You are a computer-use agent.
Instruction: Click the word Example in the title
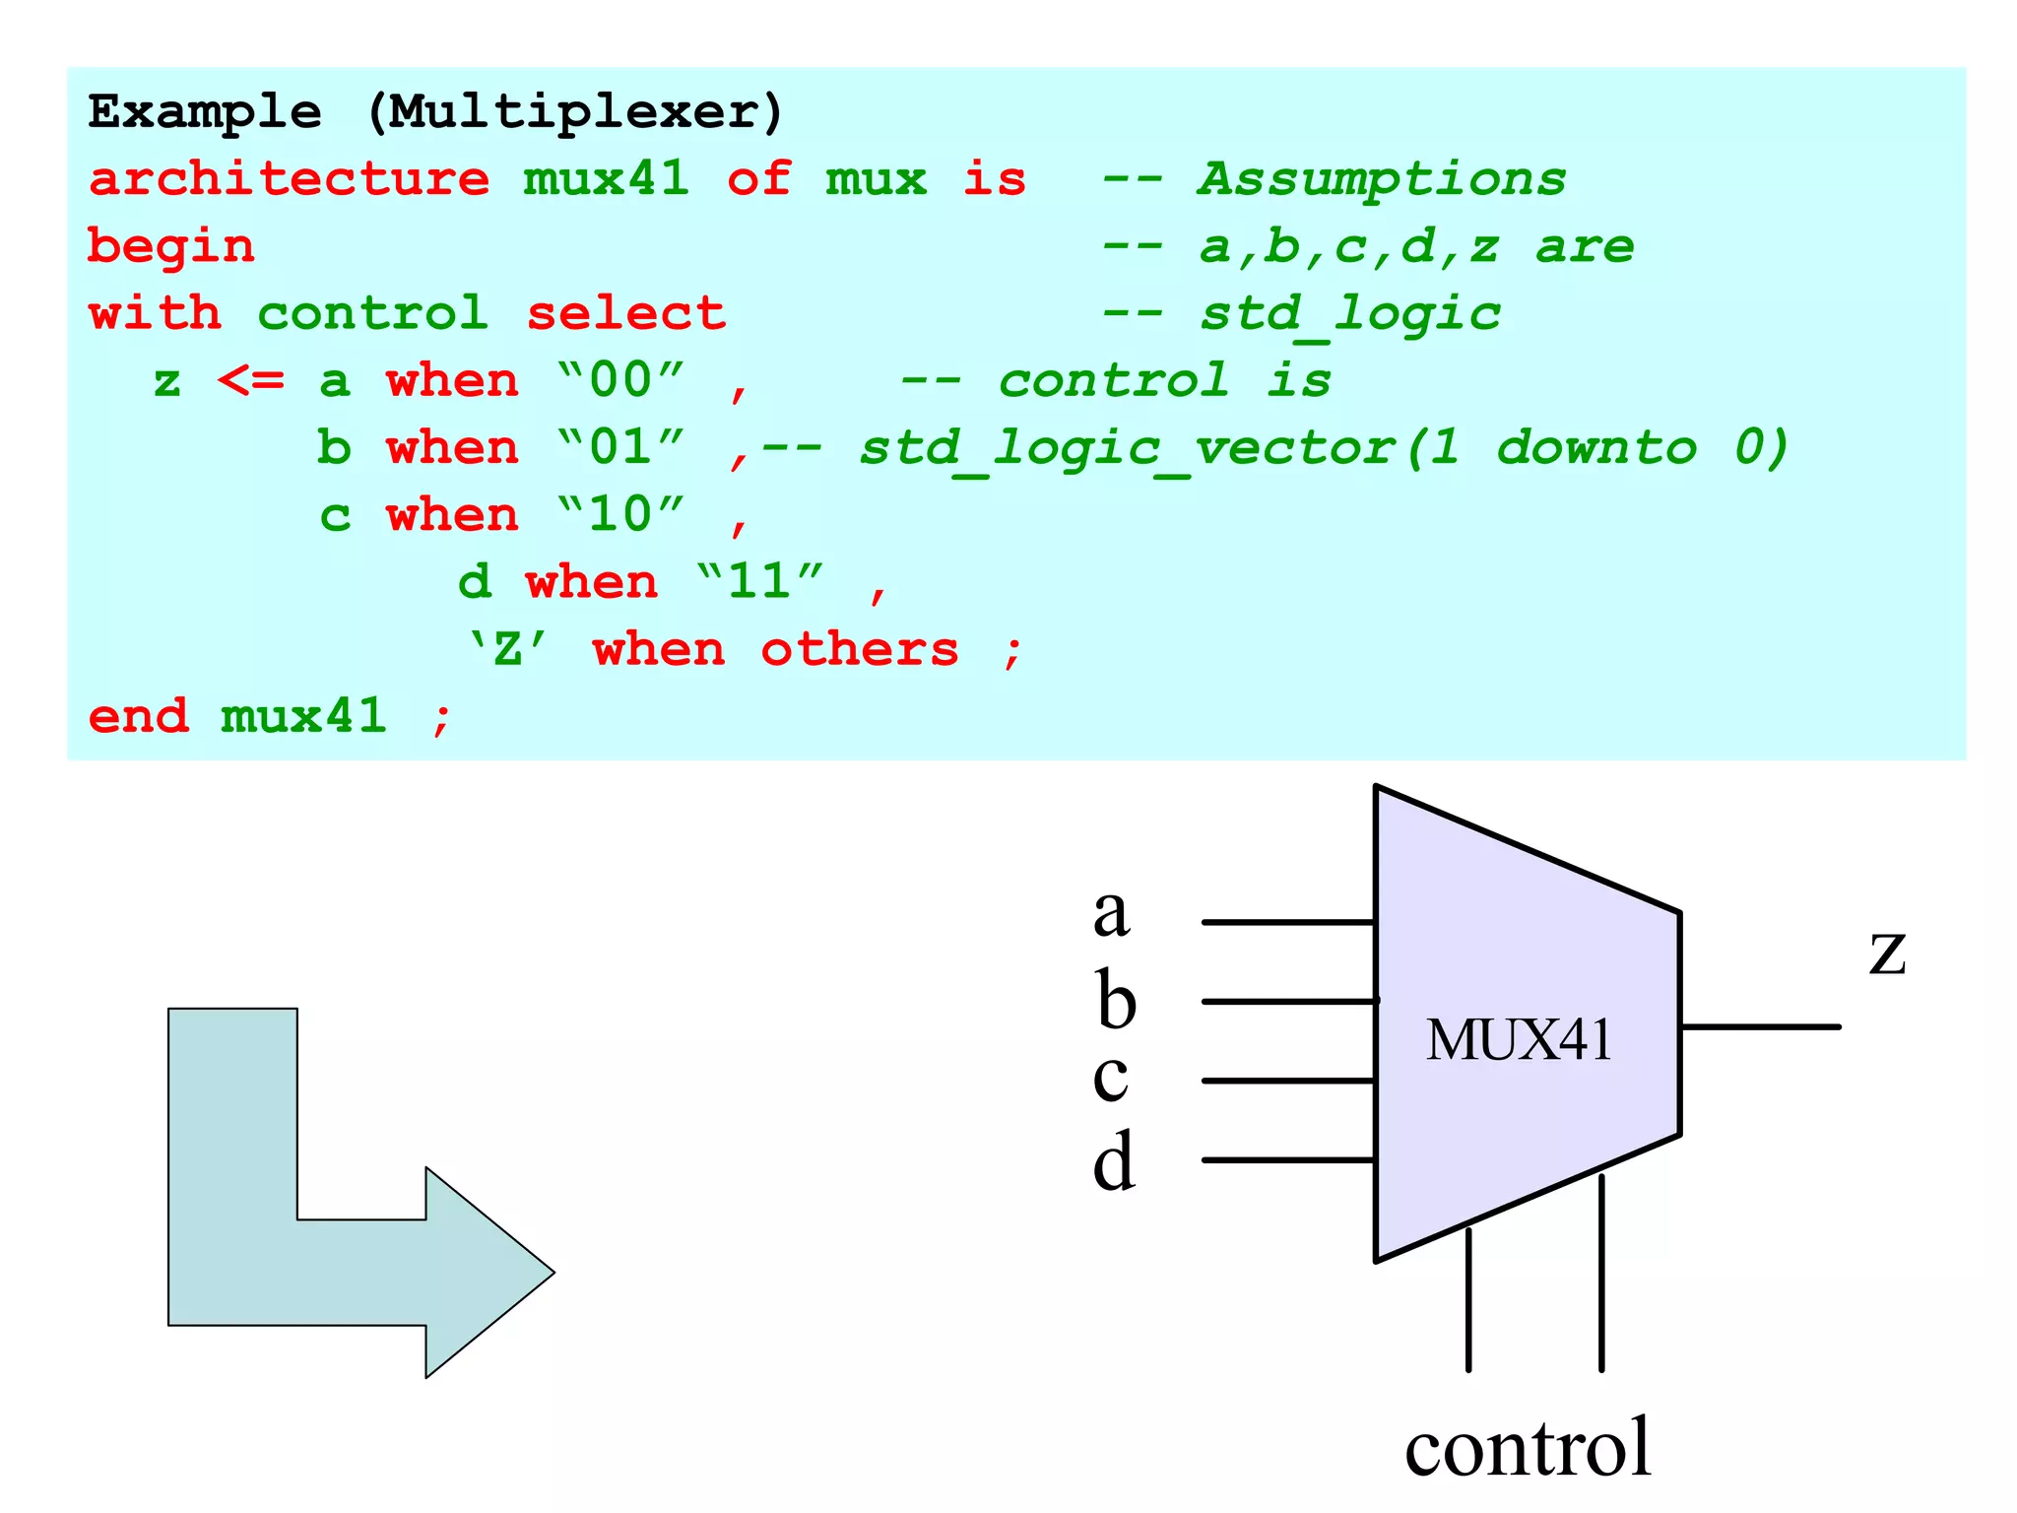tap(205, 112)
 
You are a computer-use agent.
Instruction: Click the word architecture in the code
tap(289, 179)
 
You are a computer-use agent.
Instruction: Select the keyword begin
tap(171, 246)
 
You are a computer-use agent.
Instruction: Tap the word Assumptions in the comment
tap(1381, 179)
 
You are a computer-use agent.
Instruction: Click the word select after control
tap(626, 313)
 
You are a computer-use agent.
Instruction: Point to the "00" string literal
tap(620, 380)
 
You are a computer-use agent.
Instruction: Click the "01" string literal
tap(620, 447)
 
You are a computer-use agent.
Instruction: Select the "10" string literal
tap(620, 514)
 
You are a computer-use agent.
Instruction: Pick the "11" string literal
tap(759, 581)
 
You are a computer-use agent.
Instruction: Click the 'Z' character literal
tap(507, 649)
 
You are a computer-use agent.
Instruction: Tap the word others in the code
tap(860, 649)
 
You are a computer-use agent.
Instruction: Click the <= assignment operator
tap(250, 380)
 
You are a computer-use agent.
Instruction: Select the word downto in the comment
tap(1596, 447)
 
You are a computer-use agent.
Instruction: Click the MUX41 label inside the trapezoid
tap(1519, 1040)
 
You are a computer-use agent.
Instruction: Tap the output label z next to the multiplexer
tap(1887, 954)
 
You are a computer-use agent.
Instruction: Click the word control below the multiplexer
tap(1528, 1447)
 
